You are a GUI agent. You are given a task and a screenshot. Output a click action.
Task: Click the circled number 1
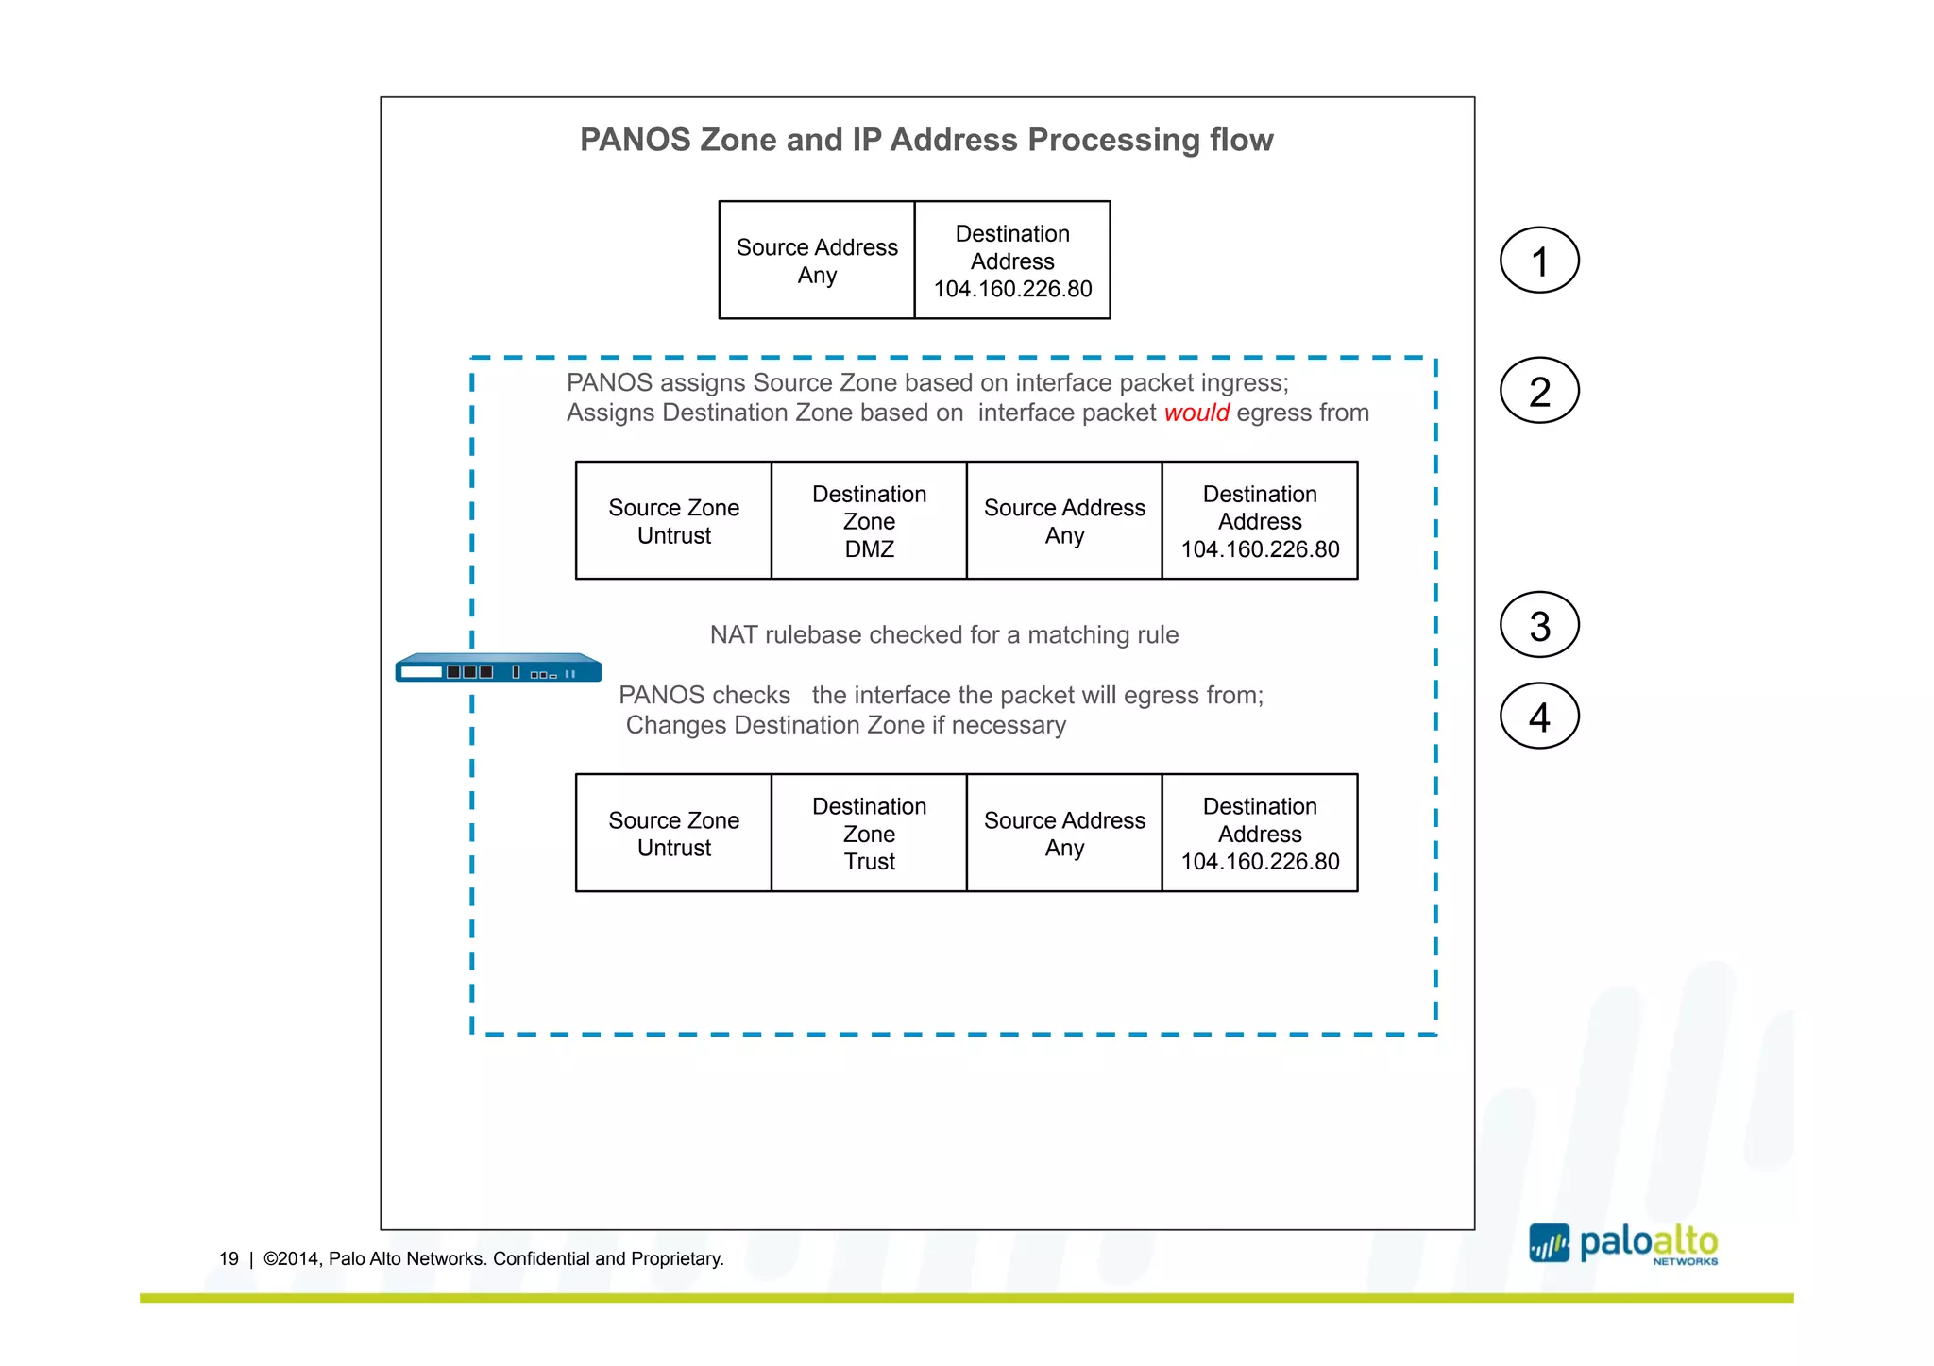(x=1539, y=261)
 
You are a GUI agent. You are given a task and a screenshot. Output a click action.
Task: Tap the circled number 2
(x=1539, y=391)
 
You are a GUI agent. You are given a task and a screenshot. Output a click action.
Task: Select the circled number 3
(x=1539, y=625)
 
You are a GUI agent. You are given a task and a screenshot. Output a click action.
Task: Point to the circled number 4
(x=1539, y=717)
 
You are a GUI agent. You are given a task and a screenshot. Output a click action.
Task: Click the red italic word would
(x=1196, y=413)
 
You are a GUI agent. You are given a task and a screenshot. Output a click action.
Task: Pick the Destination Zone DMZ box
(x=869, y=521)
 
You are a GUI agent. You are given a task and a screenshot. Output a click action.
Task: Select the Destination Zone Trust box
(x=869, y=834)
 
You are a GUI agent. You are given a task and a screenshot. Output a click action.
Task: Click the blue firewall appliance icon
(x=498, y=668)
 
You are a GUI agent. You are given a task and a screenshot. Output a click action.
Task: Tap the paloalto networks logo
(x=1623, y=1244)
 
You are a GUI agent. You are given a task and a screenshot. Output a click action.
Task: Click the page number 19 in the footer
(x=229, y=1258)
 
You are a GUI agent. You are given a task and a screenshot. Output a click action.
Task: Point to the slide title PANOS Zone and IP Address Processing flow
(x=926, y=140)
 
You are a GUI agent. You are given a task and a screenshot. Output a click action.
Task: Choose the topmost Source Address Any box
(x=817, y=261)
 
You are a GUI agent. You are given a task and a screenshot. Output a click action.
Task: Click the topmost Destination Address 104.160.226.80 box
(x=1012, y=261)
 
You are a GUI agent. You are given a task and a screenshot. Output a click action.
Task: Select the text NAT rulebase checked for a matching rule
(x=943, y=634)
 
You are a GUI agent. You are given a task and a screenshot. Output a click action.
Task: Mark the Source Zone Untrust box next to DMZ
(x=673, y=521)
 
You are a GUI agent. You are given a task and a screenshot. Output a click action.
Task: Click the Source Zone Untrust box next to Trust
(x=673, y=834)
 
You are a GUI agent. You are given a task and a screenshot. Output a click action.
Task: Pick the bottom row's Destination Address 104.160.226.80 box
(x=1260, y=834)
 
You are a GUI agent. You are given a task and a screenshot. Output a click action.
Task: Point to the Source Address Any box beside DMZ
(x=1064, y=521)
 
